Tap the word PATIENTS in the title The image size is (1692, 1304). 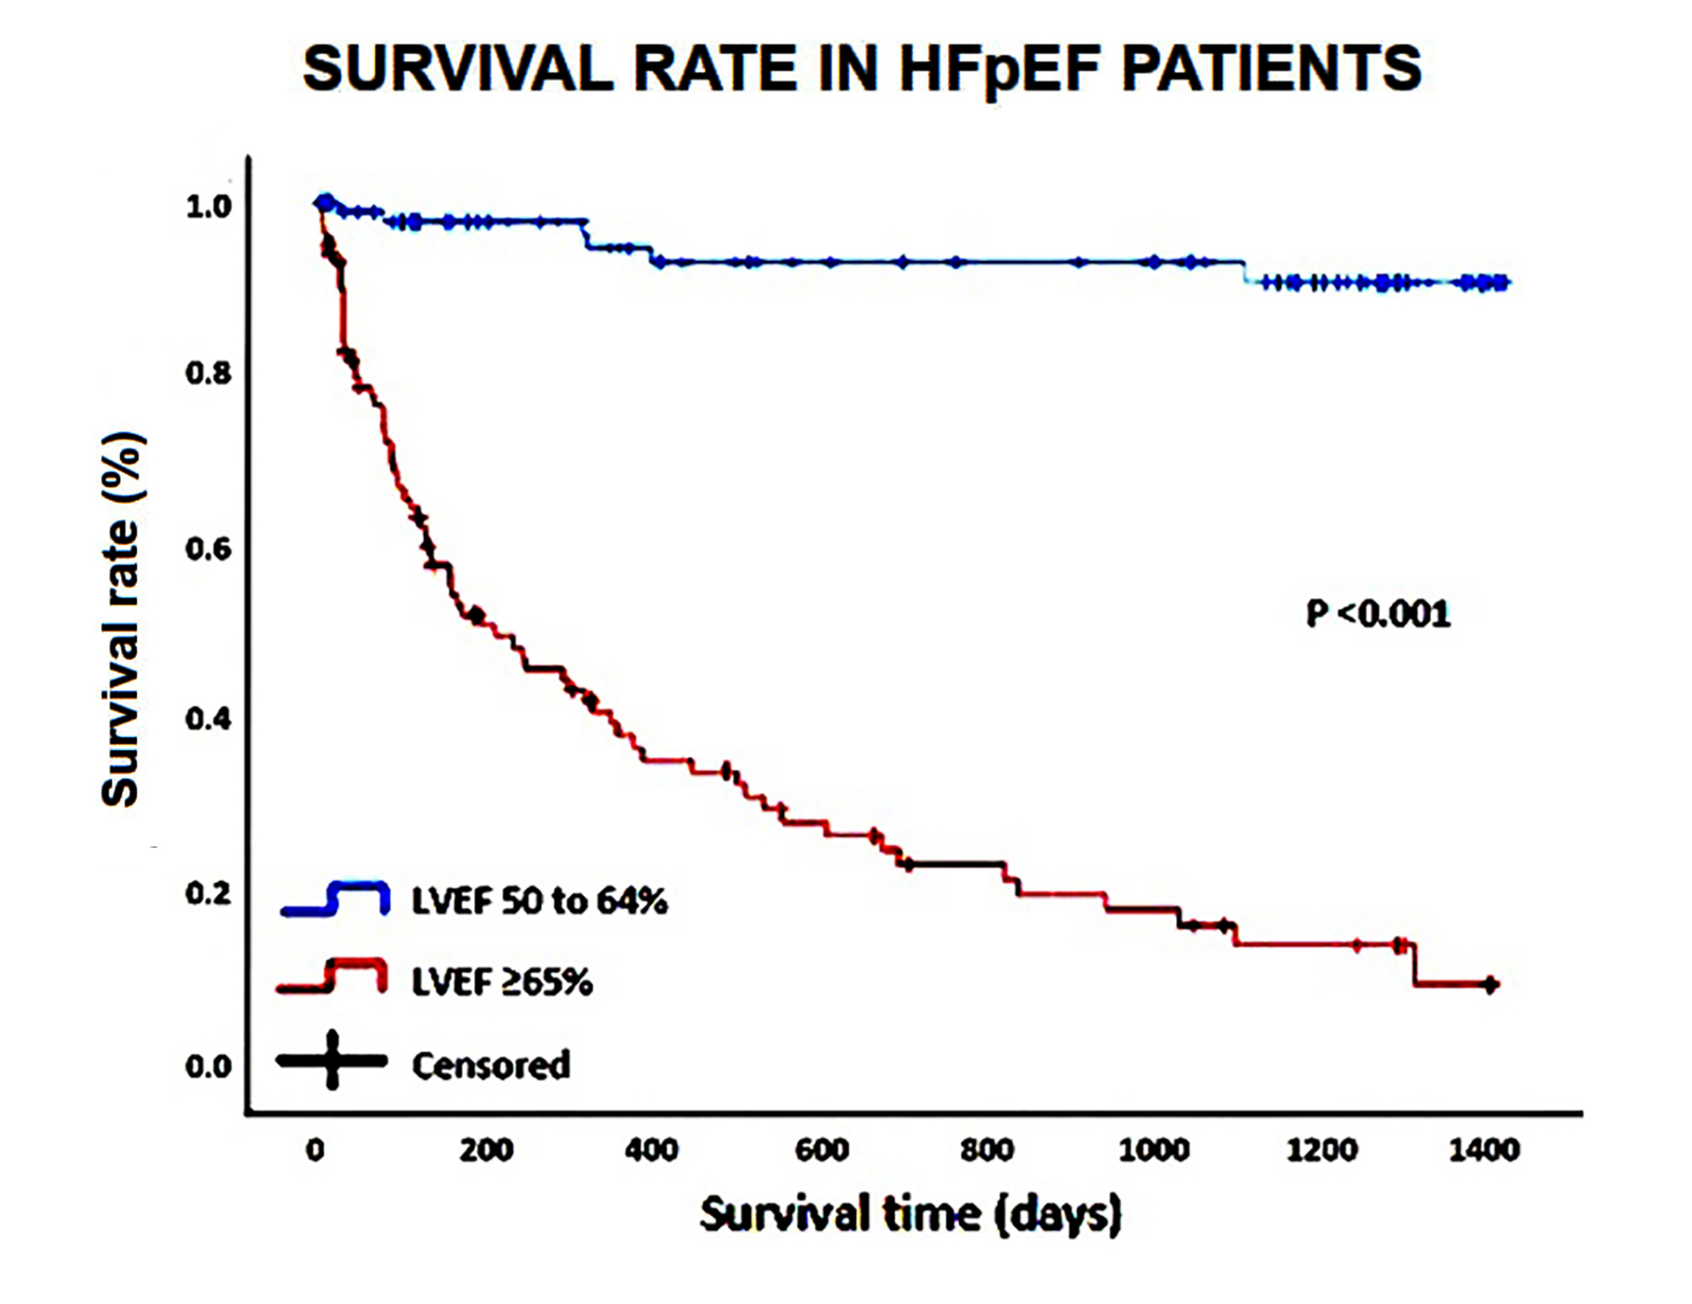point(1271,68)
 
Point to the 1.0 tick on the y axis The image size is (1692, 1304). point(208,207)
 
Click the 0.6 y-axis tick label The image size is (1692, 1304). point(208,549)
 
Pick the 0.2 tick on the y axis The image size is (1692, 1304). point(208,894)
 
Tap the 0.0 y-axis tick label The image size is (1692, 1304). point(208,1066)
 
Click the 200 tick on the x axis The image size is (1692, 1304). point(486,1150)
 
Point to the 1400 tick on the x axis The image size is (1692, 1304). point(1483,1150)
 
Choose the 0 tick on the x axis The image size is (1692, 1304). point(316,1150)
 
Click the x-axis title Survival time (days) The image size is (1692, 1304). point(910,1215)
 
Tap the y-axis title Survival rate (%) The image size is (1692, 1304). point(122,619)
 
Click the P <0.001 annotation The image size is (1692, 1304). point(1378,614)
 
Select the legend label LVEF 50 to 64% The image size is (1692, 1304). point(539,901)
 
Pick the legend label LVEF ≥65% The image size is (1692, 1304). point(503,982)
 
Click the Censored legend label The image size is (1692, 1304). point(491,1065)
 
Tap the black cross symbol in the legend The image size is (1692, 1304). point(332,1060)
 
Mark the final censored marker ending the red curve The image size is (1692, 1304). point(1489,985)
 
